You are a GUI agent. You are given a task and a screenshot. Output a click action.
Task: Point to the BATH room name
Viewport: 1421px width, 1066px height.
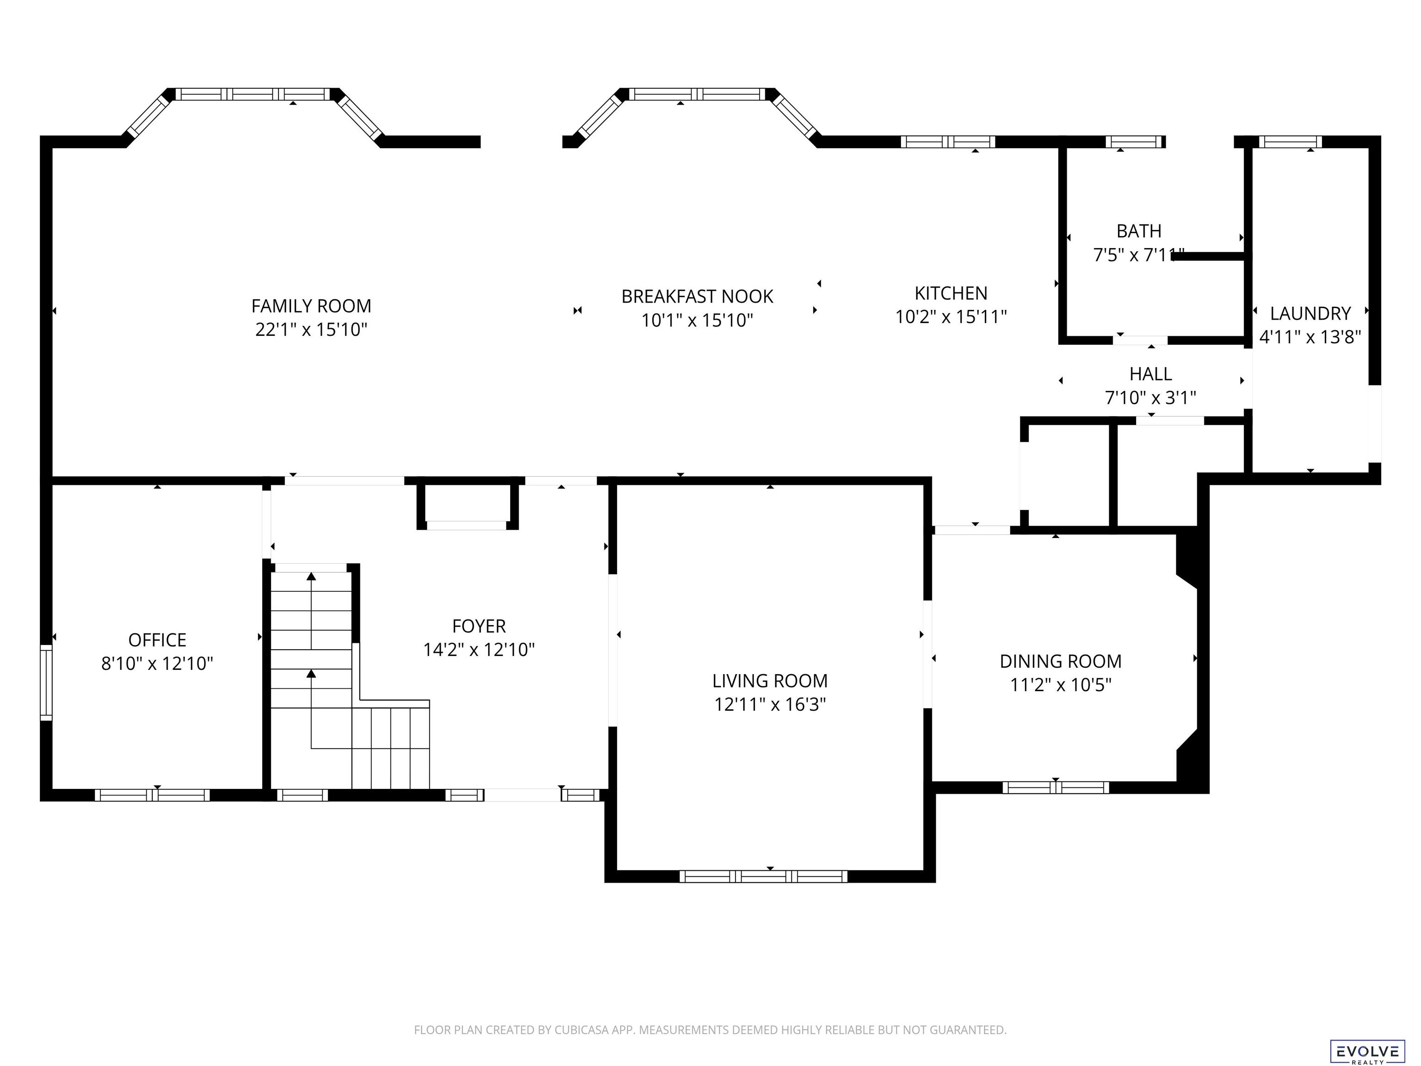1139,231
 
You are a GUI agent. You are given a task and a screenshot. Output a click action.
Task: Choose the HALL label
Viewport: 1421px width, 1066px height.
1150,373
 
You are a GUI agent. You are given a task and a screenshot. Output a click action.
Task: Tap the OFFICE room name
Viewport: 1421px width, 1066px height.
157,640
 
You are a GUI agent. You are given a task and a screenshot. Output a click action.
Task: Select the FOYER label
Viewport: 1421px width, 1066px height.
479,626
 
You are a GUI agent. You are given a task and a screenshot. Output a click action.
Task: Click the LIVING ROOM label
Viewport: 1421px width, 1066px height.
770,681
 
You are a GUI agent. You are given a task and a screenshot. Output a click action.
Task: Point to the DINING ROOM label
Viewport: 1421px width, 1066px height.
1061,661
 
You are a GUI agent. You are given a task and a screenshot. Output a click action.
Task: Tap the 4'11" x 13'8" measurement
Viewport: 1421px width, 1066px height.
1310,337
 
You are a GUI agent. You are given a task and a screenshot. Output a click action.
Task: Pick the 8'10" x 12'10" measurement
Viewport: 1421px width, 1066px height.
157,664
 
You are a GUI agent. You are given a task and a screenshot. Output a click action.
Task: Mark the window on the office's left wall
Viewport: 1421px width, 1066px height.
46,682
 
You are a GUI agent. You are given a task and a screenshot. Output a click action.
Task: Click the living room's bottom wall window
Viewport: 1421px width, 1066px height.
763,876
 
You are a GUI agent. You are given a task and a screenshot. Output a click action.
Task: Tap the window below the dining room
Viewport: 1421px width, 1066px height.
1056,787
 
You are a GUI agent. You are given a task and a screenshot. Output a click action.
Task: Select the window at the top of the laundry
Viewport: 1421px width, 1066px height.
1290,142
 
